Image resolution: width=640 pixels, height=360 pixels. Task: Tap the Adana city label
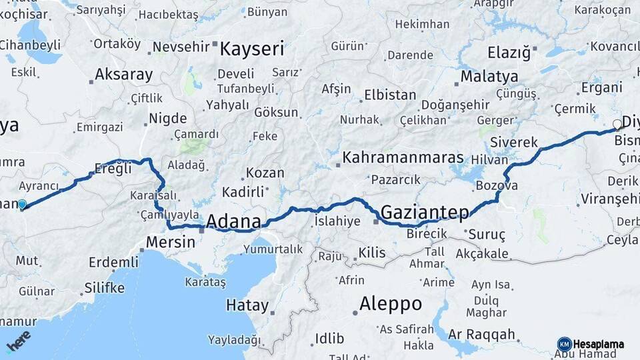(233, 221)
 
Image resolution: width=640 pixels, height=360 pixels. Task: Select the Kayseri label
(252, 49)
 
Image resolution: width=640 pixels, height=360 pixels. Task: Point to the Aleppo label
(390, 304)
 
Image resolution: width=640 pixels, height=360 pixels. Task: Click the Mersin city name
(167, 241)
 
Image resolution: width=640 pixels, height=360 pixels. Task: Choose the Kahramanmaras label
(403, 159)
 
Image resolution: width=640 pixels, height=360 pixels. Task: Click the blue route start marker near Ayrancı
(22, 205)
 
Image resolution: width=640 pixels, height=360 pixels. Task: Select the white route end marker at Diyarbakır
(617, 124)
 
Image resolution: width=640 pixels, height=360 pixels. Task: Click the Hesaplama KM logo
(590, 344)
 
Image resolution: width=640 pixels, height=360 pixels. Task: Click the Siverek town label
(513, 143)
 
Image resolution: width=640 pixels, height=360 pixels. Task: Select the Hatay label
(247, 306)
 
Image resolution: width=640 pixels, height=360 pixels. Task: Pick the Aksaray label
(123, 74)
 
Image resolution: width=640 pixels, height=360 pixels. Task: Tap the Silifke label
(105, 288)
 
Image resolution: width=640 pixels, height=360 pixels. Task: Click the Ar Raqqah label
(482, 334)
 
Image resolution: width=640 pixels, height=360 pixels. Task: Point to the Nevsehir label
(181, 47)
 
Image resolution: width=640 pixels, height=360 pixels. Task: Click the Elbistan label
(389, 95)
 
